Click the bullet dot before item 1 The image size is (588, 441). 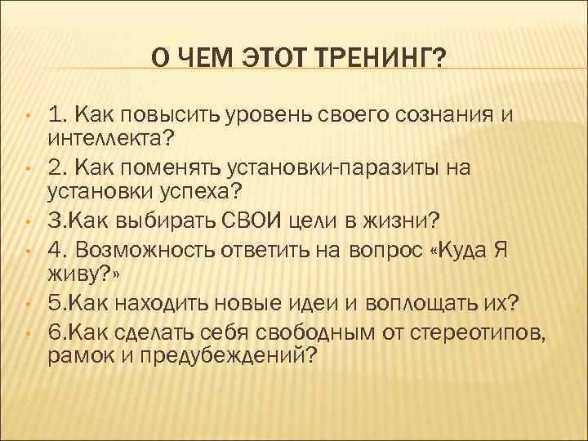click(x=27, y=114)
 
